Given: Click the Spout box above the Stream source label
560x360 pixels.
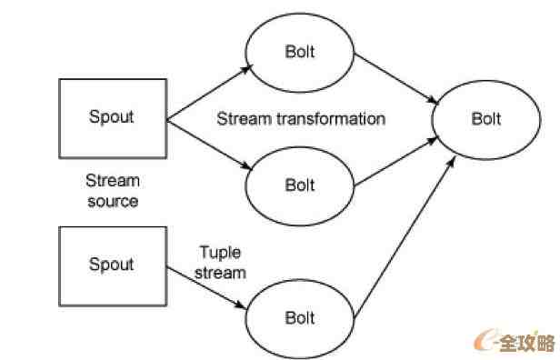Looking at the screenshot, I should (x=111, y=117).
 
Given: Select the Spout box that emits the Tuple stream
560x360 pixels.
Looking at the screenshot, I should (x=111, y=265).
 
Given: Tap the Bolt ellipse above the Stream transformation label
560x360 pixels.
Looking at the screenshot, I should (x=299, y=51).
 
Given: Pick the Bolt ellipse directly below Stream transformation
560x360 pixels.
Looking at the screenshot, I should (x=299, y=185).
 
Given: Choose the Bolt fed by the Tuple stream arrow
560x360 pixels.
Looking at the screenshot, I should (x=299, y=317).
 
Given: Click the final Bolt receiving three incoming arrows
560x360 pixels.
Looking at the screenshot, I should (x=485, y=119).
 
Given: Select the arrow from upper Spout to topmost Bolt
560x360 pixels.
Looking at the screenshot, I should (x=207, y=90).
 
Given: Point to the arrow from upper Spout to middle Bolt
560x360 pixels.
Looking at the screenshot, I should (x=207, y=144).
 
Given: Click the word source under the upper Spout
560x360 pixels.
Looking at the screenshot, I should (x=112, y=201).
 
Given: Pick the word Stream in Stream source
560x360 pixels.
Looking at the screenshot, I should (x=111, y=182).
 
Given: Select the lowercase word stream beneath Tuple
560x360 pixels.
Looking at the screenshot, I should (x=223, y=272).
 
